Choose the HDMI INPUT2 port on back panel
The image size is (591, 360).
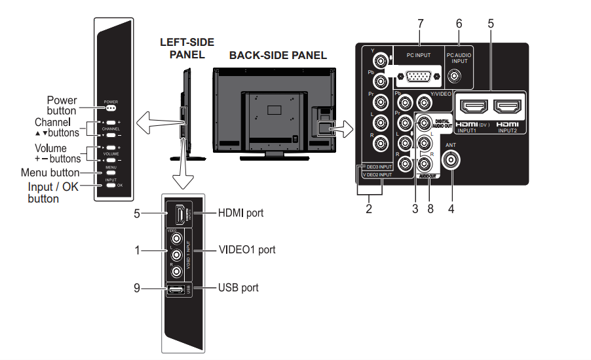pos(508,107)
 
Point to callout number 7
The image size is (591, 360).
pos(420,23)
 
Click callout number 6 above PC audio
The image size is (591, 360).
pos(459,23)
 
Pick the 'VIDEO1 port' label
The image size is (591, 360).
pos(247,250)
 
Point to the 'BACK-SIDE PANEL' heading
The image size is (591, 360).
pos(278,56)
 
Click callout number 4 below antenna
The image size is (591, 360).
pos(452,210)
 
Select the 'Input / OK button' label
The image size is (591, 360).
pos(53,192)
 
